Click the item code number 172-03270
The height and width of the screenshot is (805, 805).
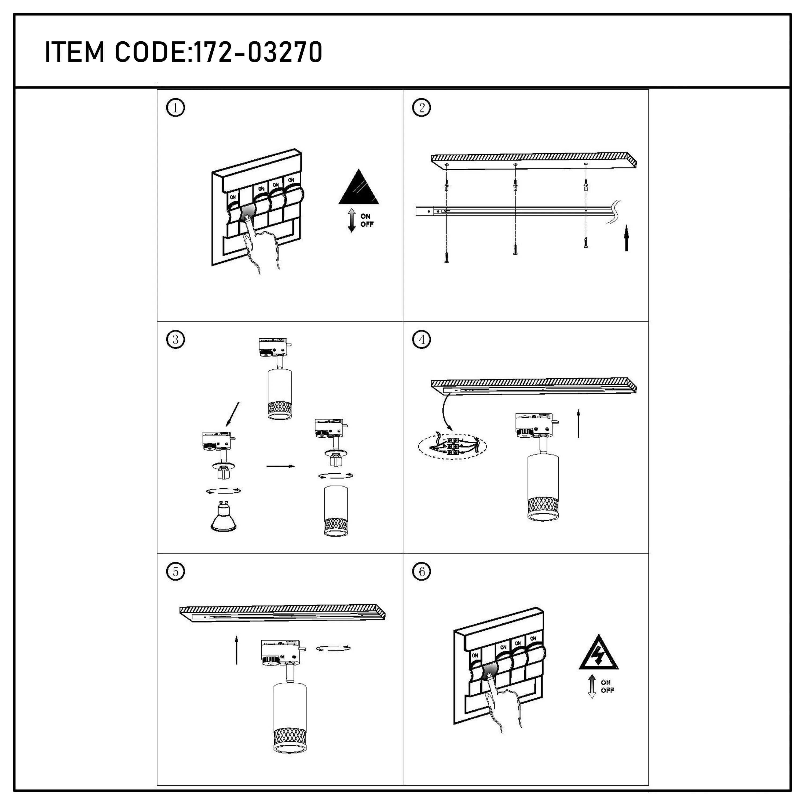click(x=259, y=53)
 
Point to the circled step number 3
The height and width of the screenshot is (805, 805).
click(x=175, y=340)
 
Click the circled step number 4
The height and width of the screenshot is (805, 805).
click(x=421, y=340)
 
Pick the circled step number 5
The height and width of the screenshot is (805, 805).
click(x=175, y=572)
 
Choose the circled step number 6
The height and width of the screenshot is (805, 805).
click(x=421, y=572)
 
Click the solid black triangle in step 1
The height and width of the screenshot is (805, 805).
click(x=359, y=189)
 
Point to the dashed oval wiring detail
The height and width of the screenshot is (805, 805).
click(x=452, y=447)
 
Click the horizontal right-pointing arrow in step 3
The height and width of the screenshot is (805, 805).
click(x=280, y=466)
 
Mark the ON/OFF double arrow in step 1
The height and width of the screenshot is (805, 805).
click(x=352, y=220)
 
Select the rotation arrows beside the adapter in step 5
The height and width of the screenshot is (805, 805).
click(x=333, y=648)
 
